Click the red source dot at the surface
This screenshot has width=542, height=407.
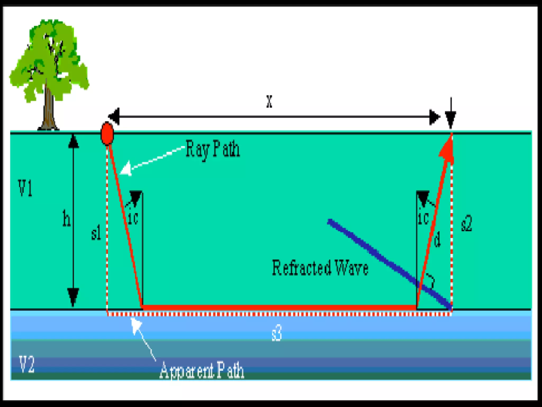tap(107, 134)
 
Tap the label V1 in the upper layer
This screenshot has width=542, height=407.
tap(25, 188)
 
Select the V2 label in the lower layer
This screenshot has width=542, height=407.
tap(27, 365)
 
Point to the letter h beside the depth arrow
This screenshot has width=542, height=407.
tap(66, 218)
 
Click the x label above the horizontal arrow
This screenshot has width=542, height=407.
tap(269, 101)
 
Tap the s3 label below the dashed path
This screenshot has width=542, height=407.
tap(277, 333)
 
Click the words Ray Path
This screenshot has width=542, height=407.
tap(213, 149)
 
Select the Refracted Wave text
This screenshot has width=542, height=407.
tap(320, 268)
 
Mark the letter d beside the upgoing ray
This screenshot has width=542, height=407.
tap(437, 239)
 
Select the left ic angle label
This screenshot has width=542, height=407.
tap(133, 218)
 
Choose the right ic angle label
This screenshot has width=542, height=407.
tap(423, 218)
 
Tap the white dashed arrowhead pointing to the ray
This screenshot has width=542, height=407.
tap(126, 168)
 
